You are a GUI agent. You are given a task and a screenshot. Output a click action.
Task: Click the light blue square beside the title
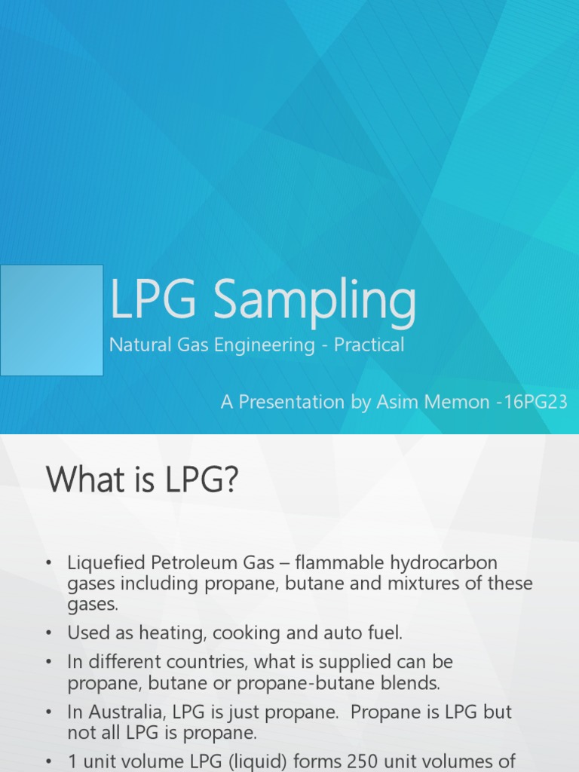(51, 320)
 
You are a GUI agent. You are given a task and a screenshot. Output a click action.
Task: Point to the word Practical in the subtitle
(369, 345)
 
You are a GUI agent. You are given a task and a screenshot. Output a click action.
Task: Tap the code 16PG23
(536, 402)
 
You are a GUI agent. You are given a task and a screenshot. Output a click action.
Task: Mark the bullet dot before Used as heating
(49, 633)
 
